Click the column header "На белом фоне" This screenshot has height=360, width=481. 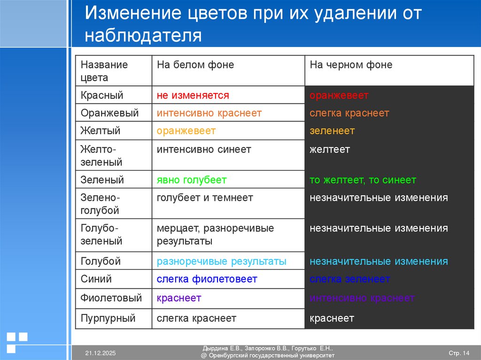click(195, 65)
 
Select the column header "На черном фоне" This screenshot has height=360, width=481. click(350, 65)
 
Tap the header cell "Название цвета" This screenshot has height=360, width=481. click(104, 71)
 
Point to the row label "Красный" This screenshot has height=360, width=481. click(101, 95)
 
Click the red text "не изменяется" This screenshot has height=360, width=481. click(193, 95)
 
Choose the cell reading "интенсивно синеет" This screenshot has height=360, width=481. click(204, 149)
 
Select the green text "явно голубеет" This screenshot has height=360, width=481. click(192, 180)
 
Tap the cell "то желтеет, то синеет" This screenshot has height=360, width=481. click(363, 180)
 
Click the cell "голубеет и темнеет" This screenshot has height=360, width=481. click(205, 198)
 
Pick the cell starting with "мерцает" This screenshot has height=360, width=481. click(215, 235)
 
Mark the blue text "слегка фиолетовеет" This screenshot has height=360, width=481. click(207, 279)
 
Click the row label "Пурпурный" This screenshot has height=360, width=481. click(108, 318)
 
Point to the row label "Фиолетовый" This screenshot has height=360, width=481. click(111, 298)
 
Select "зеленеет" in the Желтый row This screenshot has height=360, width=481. click(332, 130)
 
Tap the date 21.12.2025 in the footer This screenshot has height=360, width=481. click(101, 353)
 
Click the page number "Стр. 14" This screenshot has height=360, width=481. click(459, 353)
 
